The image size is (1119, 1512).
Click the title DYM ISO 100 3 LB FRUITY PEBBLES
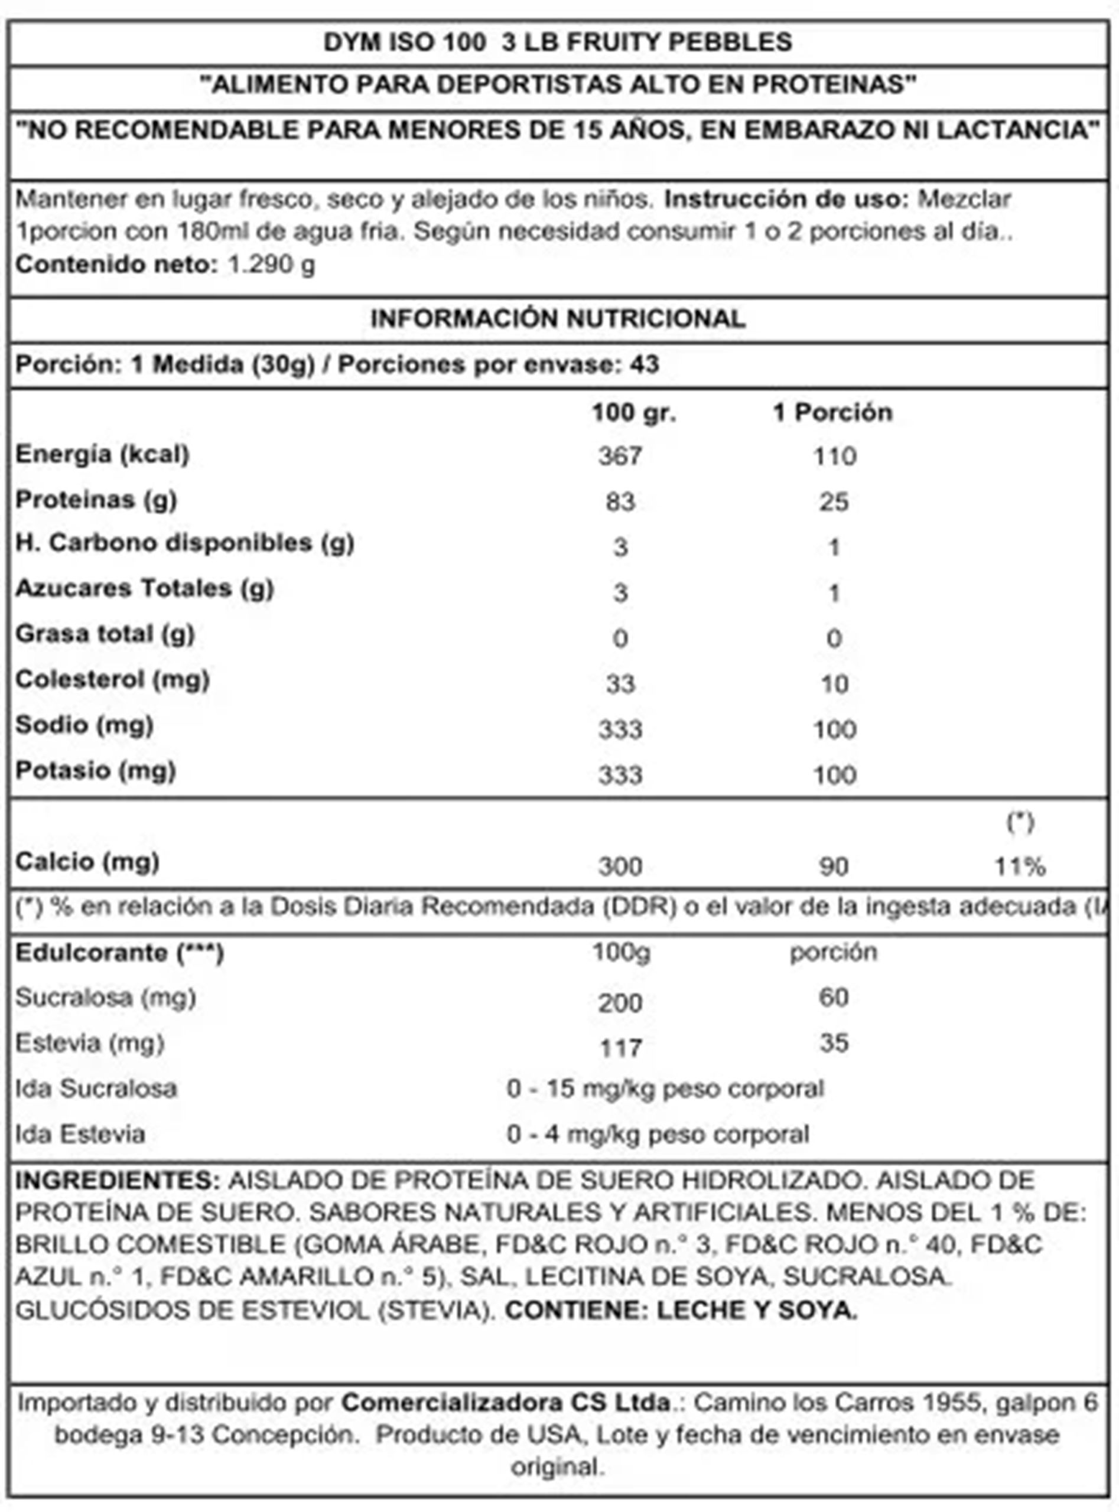pyautogui.click(x=558, y=42)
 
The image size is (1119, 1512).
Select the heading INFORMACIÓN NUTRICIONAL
pyautogui.click(x=558, y=318)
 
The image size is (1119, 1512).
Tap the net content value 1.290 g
pyautogui.click(x=271, y=264)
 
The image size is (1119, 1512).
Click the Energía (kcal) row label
pyautogui.click(x=102, y=454)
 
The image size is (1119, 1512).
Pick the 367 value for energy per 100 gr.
pyautogui.click(x=620, y=457)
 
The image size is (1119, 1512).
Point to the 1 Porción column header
pyautogui.click(x=832, y=412)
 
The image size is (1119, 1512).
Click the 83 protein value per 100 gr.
pyautogui.click(x=620, y=502)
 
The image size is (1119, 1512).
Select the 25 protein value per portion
pyautogui.click(x=833, y=502)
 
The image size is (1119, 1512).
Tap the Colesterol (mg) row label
pyautogui.click(x=112, y=679)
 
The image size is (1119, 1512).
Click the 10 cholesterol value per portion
pyautogui.click(x=834, y=684)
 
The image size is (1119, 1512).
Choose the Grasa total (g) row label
pyautogui.click(x=105, y=634)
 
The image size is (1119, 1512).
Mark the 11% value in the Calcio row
pyautogui.click(x=1019, y=866)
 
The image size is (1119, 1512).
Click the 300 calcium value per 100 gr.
pyautogui.click(x=620, y=866)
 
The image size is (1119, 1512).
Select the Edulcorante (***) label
pyautogui.click(x=119, y=953)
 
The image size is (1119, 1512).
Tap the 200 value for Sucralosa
pyautogui.click(x=620, y=1002)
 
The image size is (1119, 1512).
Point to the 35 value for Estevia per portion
pyautogui.click(x=833, y=1043)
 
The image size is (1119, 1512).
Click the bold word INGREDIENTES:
pyautogui.click(x=118, y=1180)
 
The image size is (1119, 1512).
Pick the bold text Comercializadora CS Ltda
pyautogui.click(x=505, y=1402)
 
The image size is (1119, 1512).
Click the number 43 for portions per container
pyautogui.click(x=643, y=364)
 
